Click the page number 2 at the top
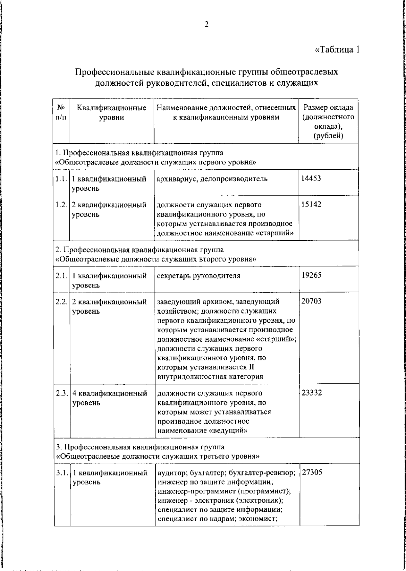tap(206, 24)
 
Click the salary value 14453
tap(311, 178)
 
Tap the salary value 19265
tap(311, 275)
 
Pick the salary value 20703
tap(311, 301)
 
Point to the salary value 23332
tap(312, 393)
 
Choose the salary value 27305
tap(312, 472)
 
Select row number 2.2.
tap(62, 301)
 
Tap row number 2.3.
tap(62, 393)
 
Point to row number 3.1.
tap(63, 473)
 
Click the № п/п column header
tap(61, 112)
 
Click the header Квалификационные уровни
tap(112, 112)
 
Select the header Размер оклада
tap(328, 108)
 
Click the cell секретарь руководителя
tap(199, 275)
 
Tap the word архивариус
tap(176, 179)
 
